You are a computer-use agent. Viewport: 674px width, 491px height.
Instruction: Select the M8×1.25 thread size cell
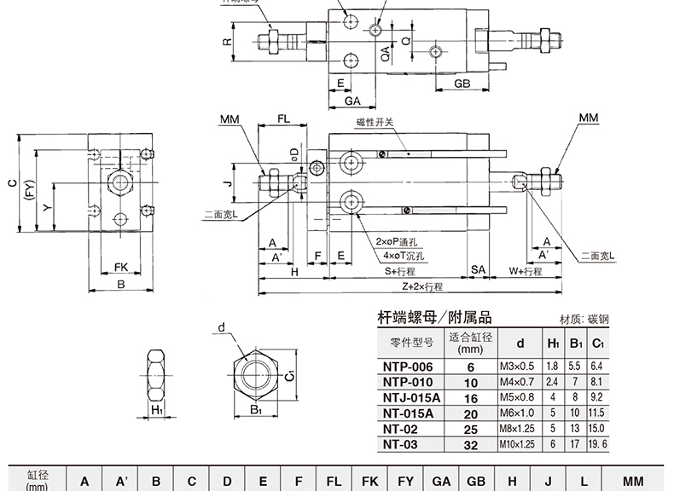pyautogui.click(x=517, y=428)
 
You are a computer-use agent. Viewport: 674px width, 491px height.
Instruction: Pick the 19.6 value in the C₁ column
pyautogui.click(x=598, y=444)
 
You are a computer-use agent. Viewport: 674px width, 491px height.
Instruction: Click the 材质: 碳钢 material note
pyautogui.click(x=584, y=320)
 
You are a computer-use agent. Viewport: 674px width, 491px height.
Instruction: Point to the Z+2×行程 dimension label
pyautogui.click(x=409, y=287)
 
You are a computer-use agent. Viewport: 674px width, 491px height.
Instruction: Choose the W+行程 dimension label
pyautogui.click(x=526, y=271)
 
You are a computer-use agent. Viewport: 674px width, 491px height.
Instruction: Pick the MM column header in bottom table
pyautogui.click(x=632, y=481)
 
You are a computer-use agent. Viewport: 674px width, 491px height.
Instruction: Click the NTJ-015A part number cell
pyautogui.click(x=411, y=397)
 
